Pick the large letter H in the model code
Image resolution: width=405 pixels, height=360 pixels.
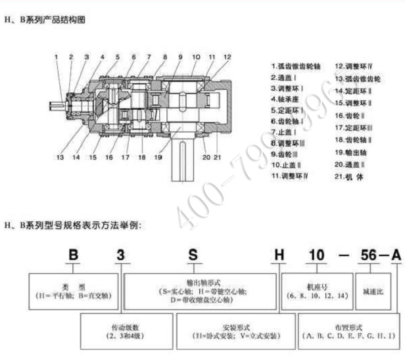278,255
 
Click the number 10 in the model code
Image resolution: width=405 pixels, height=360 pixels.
316,255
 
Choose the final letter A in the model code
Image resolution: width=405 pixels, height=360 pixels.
396,255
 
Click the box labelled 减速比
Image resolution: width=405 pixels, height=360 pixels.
375,290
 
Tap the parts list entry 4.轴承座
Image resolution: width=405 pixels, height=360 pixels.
288,99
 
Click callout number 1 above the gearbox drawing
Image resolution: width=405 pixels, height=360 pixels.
57,57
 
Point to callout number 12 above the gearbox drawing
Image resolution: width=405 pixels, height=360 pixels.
227,57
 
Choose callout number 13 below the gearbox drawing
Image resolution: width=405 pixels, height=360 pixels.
60,157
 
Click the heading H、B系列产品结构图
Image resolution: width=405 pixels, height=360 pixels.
45,20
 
